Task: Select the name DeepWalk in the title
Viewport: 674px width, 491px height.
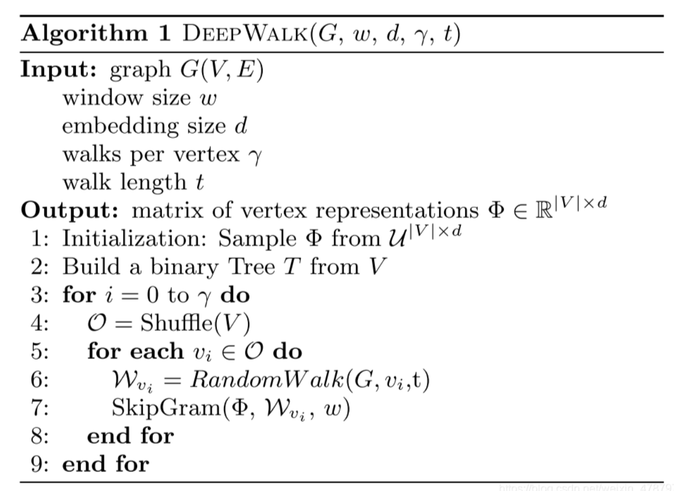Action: [x=246, y=33]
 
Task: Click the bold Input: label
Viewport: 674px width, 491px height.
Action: [x=59, y=70]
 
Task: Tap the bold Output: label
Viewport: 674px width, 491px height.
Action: [x=70, y=210]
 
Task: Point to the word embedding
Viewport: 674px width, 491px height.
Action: [x=120, y=126]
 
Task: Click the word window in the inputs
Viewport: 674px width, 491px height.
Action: [x=103, y=98]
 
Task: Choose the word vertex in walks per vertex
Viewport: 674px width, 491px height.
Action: [x=207, y=155]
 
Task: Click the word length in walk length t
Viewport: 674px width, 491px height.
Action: [x=153, y=183]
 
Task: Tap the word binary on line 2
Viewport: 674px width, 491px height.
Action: [x=184, y=267]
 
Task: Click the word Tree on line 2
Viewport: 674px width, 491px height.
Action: [x=252, y=266]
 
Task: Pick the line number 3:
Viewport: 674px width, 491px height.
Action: [x=40, y=295]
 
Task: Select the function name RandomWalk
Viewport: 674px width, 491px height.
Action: [x=267, y=379]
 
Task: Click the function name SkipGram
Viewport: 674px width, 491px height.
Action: [x=166, y=409]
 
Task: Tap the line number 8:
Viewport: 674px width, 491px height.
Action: [x=40, y=435]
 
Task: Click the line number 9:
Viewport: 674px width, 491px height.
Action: [x=40, y=464]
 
